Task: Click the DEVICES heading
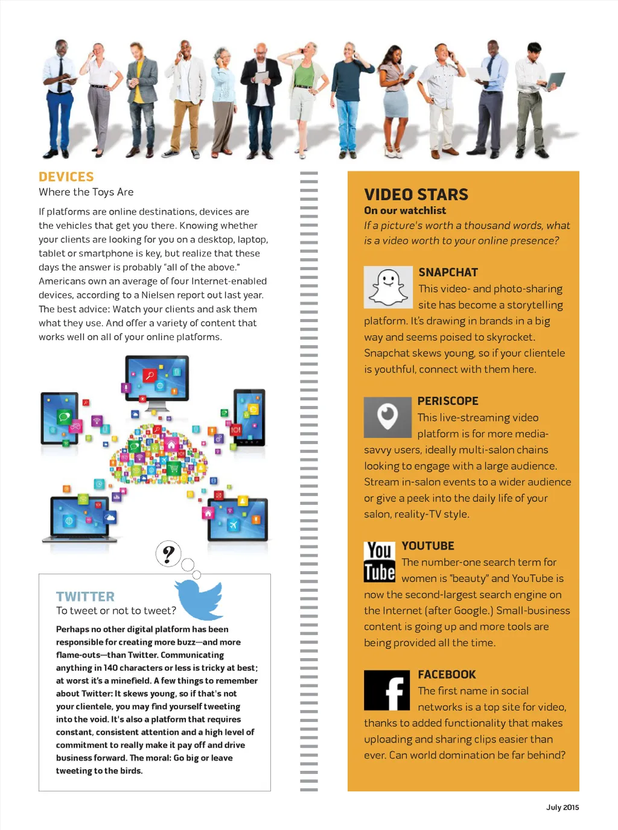tap(66, 177)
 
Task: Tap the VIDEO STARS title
tap(416, 194)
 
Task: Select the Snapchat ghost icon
tap(388, 287)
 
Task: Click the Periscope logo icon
tap(387, 417)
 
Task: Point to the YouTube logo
tap(380, 562)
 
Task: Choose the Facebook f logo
tap(387, 690)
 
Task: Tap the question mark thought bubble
tap(168, 553)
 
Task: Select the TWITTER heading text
tap(85, 597)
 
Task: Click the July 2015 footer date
tap(562, 807)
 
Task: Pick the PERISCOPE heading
tap(448, 401)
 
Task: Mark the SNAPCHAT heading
tap(448, 272)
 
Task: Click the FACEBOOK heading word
tap(447, 674)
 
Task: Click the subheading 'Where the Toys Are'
tap(86, 192)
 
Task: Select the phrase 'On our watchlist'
tap(405, 211)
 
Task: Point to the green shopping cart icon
tap(173, 468)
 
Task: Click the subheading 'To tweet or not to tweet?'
tap(116, 610)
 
